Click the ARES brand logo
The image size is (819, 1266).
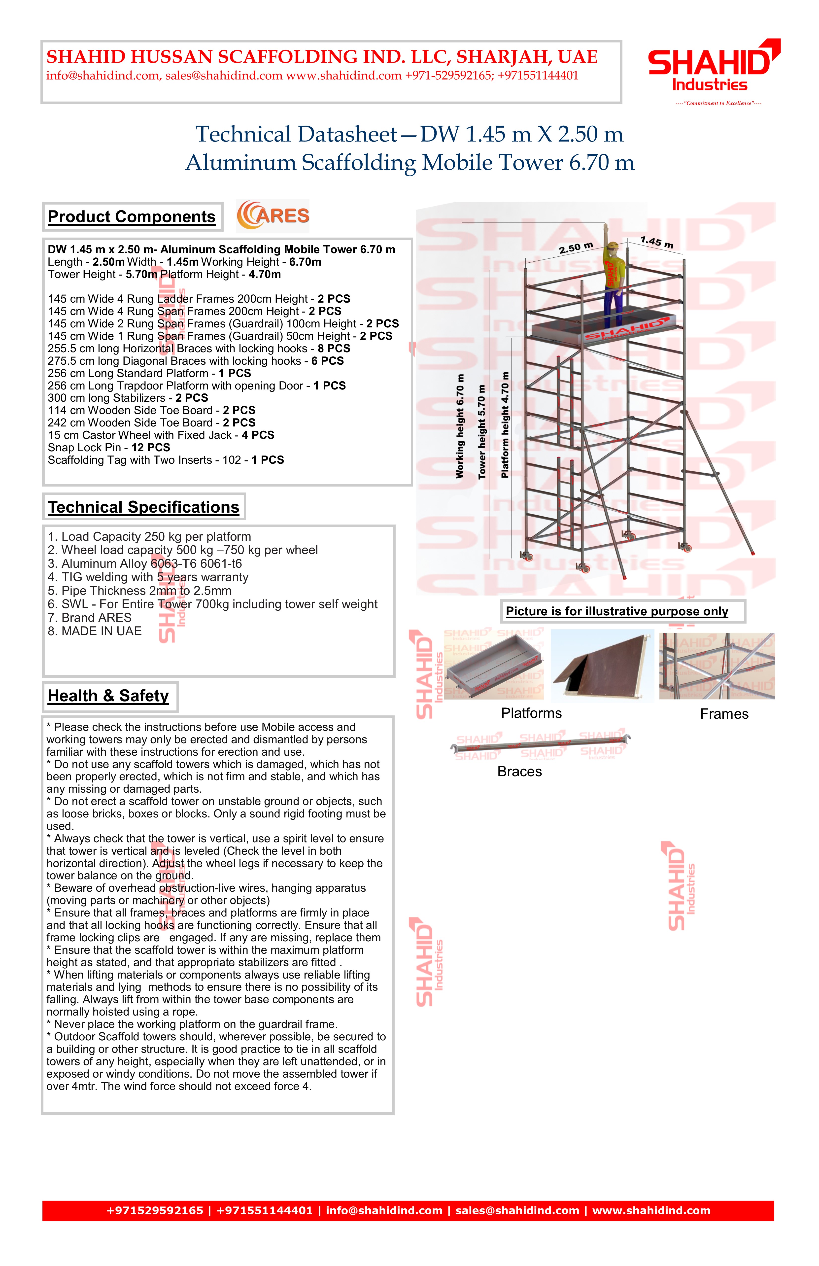pos(273,215)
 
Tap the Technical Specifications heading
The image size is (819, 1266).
pos(144,507)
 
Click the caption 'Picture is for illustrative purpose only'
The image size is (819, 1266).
pos(617,611)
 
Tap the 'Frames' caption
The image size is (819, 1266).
pos(724,714)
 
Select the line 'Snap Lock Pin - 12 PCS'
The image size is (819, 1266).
pos(109,447)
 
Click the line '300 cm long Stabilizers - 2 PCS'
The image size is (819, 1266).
pos(128,398)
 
